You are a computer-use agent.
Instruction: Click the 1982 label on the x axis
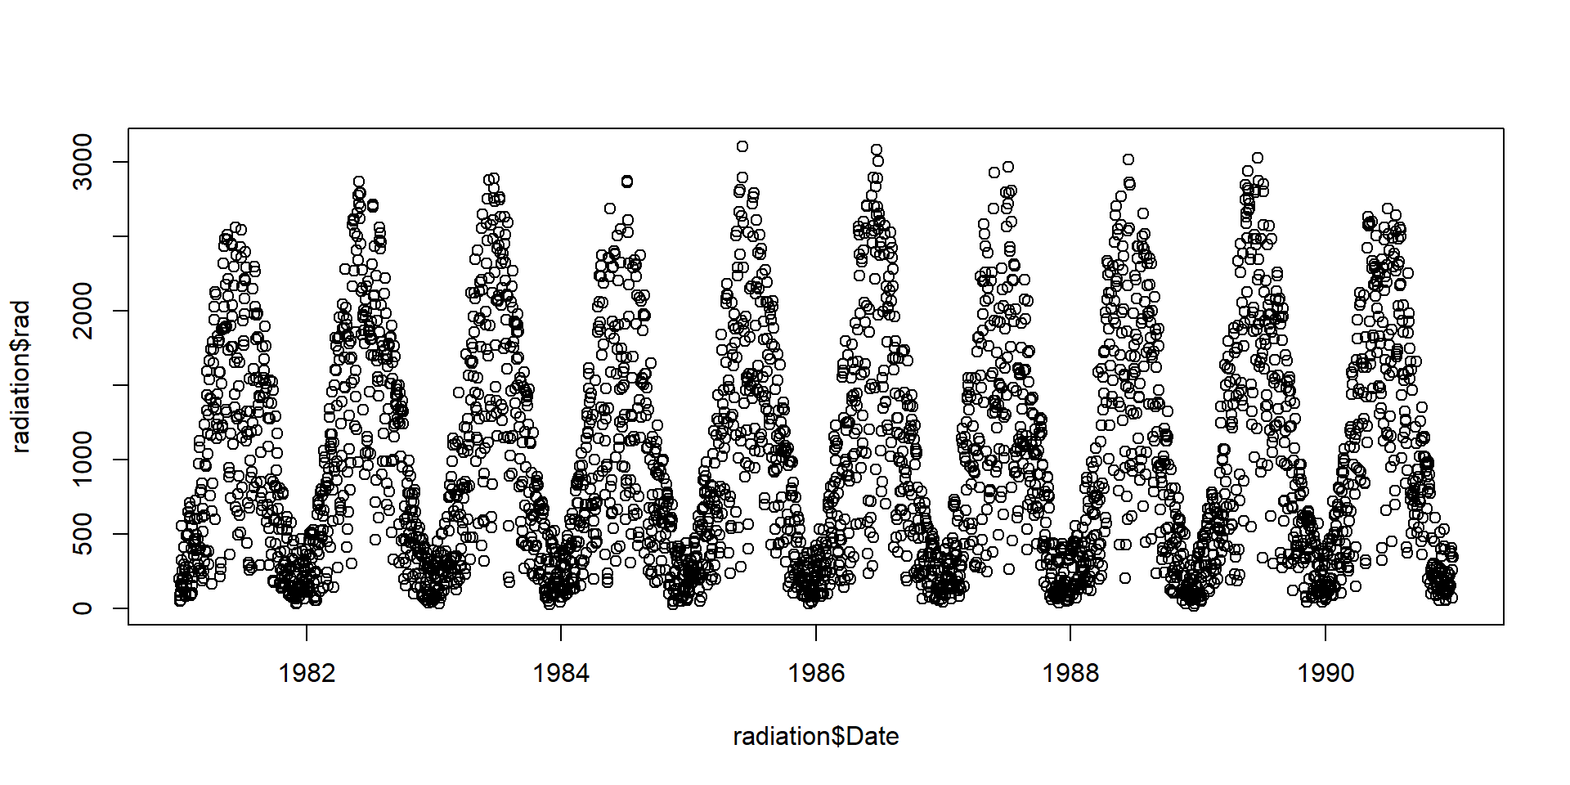tap(307, 673)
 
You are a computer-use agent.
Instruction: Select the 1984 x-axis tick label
tap(561, 673)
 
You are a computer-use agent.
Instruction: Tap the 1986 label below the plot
tap(815, 673)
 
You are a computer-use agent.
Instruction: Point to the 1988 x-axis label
tap(1070, 673)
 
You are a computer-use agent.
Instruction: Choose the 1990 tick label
tap(1325, 673)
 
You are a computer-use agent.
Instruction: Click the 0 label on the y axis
tap(83, 608)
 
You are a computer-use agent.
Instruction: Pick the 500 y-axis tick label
tap(83, 534)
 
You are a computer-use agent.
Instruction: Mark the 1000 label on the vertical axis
tap(83, 460)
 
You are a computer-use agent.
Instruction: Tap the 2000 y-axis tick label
tap(83, 311)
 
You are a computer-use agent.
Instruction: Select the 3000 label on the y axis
tap(83, 162)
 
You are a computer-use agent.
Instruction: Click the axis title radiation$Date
tap(815, 737)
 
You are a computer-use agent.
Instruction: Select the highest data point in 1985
tap(742, 146)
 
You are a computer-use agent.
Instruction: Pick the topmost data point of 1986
tap(876, 150)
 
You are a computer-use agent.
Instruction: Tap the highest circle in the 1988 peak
tap(1128, 159)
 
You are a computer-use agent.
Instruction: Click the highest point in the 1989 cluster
tap(1258, 158)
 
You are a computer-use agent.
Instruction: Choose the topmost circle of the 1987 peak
tap(1008, 167)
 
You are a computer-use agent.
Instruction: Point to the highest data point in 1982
tap(358, 182)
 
